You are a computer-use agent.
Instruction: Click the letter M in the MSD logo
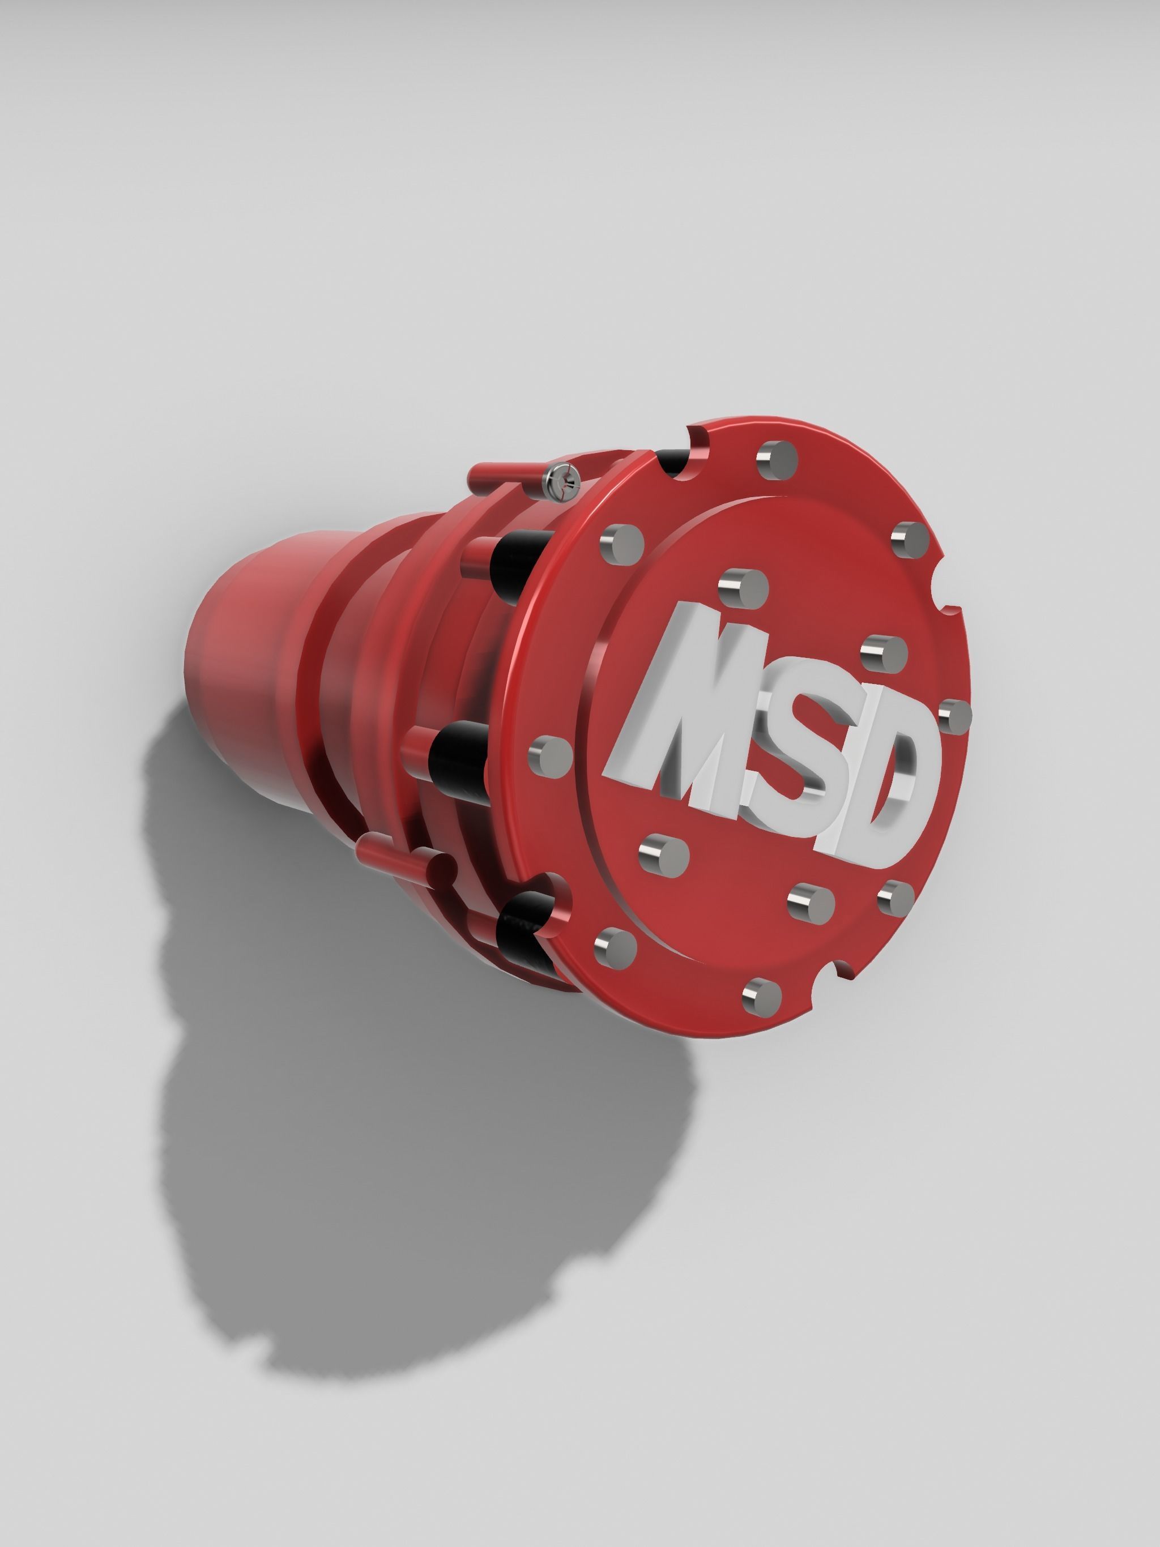coord(693,706)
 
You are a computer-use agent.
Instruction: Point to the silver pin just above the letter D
coord(883,654)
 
